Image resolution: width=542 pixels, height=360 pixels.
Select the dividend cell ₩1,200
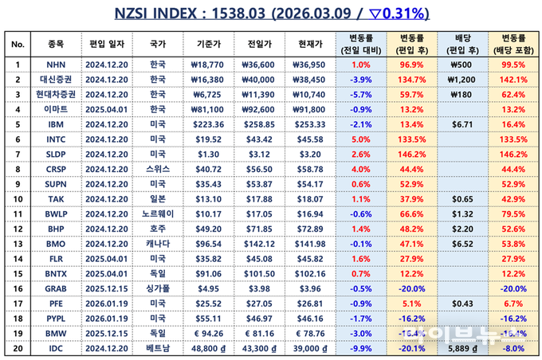click(462, 79)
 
